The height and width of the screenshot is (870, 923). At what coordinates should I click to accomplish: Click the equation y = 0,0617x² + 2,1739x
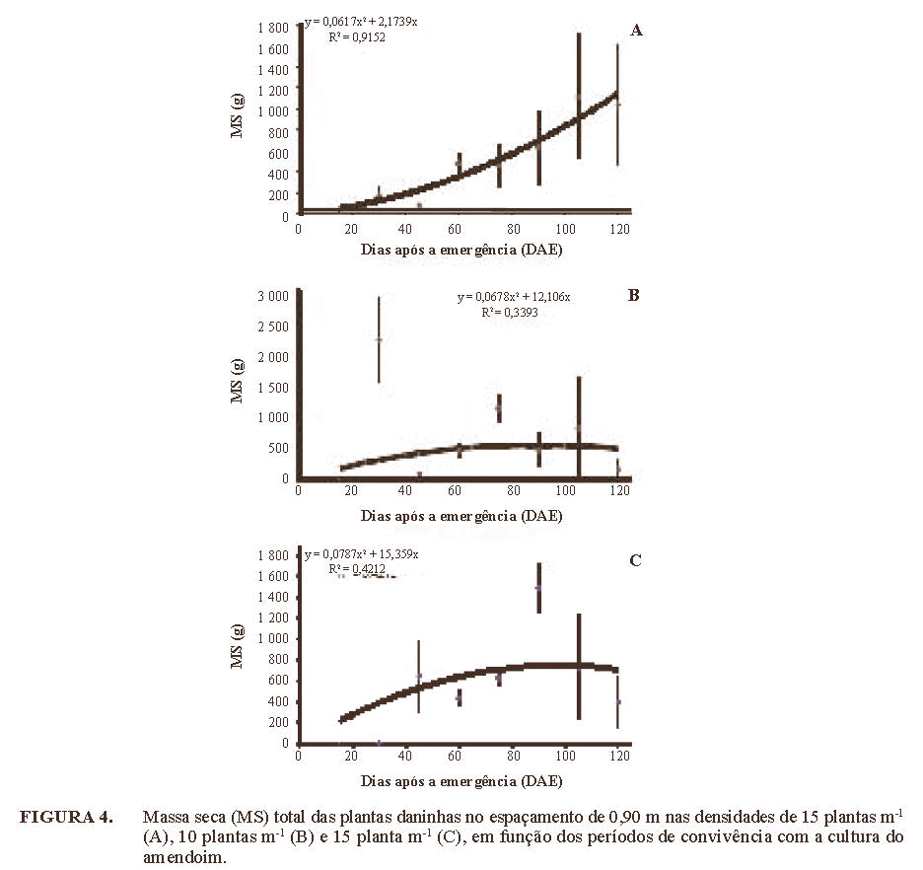(362, 21)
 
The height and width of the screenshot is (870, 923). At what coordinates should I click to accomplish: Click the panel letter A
(636, 31)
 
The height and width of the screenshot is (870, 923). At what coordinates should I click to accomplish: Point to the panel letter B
(635, 294)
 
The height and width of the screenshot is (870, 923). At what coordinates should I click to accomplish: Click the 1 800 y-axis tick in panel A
(272, 27)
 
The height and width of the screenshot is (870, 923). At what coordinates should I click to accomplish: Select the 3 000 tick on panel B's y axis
(272, 294)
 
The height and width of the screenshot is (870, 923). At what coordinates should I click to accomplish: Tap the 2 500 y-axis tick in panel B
(272, 325)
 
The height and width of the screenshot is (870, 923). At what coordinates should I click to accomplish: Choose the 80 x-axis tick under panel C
(511, 758)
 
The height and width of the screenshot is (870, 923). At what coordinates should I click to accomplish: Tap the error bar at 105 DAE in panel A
(578, 96)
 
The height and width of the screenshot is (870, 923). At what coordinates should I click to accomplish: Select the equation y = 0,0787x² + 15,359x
(362, 554)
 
